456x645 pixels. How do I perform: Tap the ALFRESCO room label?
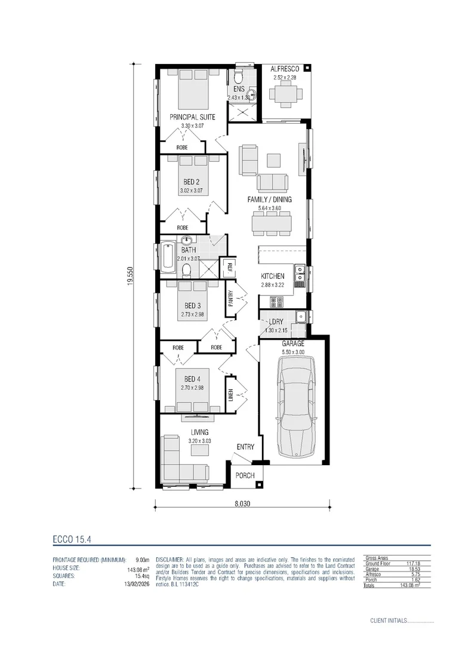[285, 69]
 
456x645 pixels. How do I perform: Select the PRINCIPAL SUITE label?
[192, 117]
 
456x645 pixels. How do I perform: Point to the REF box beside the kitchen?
[227, 267]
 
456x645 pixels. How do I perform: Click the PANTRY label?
[230, 299]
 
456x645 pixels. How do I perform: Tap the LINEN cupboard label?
[230, 395]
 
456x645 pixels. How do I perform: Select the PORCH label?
[245, 475]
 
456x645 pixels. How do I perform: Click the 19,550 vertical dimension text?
[130, 275]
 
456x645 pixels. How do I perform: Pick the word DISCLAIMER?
[170, 559]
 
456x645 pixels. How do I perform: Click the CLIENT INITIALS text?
[389, 621]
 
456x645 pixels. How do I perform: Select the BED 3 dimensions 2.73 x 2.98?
[192, 314]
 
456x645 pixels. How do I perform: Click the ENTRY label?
[245, 447]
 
